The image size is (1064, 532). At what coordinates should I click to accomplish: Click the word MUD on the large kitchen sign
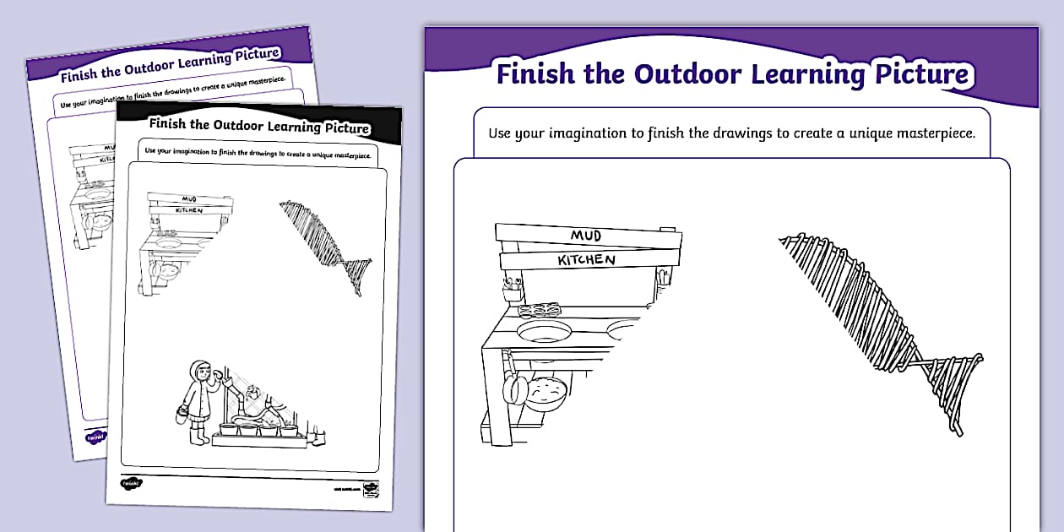pyautogui.click(x=585, y=236)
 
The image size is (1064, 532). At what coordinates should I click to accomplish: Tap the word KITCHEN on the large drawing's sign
pyautogui.click(x=587, y=260)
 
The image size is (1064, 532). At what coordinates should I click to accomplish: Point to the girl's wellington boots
pyautogui.click(x=200, y=437)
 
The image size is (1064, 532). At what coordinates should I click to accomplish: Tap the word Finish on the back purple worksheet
pyautogui.click(x=79, y=74)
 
